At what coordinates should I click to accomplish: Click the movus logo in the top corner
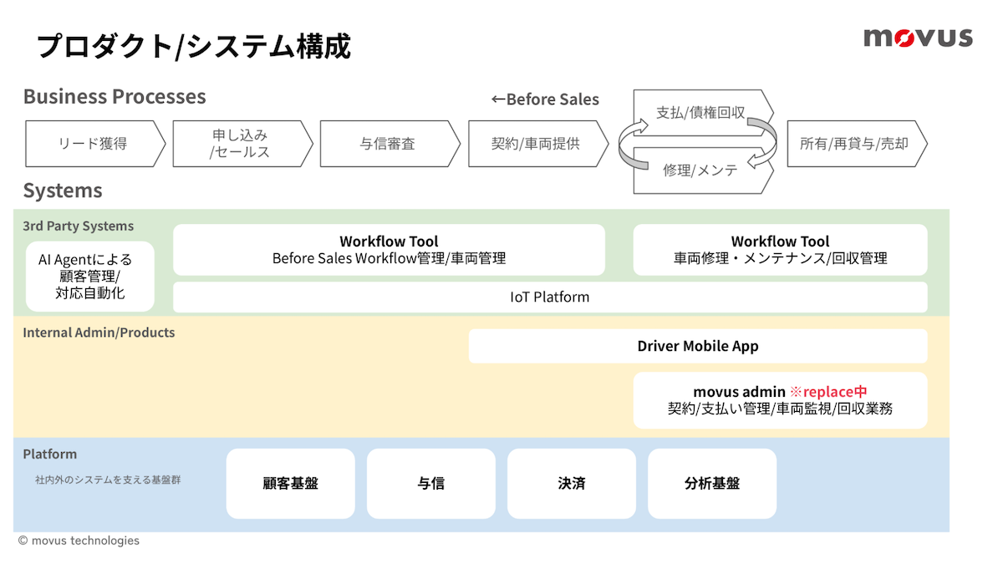pos(918,38)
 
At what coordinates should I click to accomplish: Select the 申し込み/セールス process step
pos(242,144)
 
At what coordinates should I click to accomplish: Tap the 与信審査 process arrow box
pos(390,144)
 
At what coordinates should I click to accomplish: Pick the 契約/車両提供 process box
pos(538,144)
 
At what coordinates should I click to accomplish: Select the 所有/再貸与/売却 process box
pos(857,144)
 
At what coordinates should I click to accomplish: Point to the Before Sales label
pos(545,99)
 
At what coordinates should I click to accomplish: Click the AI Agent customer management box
pos(90,277)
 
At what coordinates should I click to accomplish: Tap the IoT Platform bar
pos(550,297)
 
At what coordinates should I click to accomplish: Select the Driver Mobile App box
pos(698,346)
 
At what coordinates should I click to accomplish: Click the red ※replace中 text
pos(828,392)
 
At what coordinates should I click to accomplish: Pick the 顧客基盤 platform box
pos(291,484)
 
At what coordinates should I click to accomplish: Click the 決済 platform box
pos(572,484)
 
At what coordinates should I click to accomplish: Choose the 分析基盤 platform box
pos(712,484)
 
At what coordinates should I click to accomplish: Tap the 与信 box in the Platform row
pos(431,484)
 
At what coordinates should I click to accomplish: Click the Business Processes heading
pos(115,96)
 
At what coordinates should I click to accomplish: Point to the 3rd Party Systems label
pos(79,226)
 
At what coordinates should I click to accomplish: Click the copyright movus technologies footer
pos(79,541)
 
